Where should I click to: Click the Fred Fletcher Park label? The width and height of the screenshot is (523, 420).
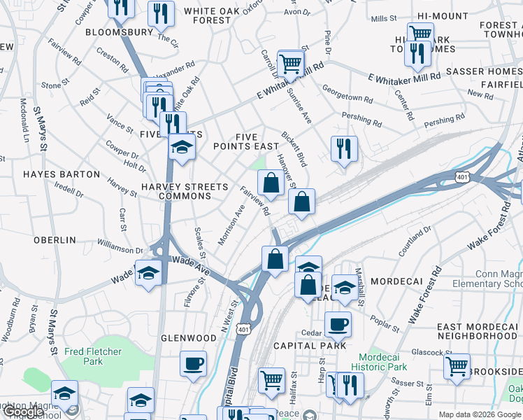tap(93, 356)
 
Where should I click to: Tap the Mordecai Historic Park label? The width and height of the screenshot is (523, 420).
tap(379, 361)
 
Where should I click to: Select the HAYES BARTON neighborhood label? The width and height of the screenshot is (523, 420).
tap(62, 174)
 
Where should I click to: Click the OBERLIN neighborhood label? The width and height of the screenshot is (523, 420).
tap(55, 239)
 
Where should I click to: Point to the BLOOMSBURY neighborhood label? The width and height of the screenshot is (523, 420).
tap(119, 32)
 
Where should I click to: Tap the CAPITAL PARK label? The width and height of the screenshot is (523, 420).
tap(310, 346)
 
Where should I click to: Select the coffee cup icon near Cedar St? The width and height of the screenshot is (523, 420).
tap(338, 323)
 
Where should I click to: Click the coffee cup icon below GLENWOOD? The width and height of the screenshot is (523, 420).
tap(193, 363)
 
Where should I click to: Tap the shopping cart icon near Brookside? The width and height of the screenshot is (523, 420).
tap(457, 365)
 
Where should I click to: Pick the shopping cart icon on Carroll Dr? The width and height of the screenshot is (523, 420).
tap(291, 63)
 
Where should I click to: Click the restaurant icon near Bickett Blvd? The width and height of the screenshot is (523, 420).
tap(343, 148)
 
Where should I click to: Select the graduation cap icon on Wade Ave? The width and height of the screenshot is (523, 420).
tap(148, 272)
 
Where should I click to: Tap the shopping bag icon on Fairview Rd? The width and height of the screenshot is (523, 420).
tap(270, 183)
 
